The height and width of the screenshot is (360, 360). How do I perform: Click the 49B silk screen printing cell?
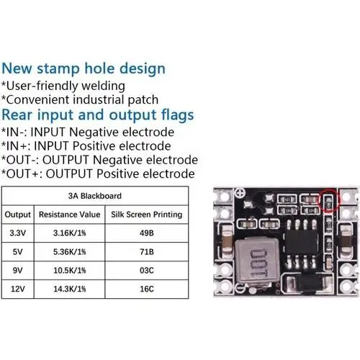point(147,233)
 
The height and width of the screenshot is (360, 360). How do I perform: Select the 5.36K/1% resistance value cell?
point(70,252)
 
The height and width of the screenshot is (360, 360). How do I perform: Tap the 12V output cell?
point(18,289)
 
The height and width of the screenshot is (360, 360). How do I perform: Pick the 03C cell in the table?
point(147,271)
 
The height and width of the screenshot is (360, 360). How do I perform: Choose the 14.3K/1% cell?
point(70,289)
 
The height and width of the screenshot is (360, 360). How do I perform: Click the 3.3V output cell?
point(18,233)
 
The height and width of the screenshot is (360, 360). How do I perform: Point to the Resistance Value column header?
point(70,215)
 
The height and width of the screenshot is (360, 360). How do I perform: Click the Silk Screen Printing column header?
point(147,215)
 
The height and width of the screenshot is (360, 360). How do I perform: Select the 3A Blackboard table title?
point(95,196)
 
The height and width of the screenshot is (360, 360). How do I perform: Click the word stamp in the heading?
point(58,69)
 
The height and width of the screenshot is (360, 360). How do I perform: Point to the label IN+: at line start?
point(16,146)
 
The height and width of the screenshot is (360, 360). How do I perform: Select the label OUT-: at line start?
point(20,160)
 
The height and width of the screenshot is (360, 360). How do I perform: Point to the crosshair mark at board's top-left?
point(240,192)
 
